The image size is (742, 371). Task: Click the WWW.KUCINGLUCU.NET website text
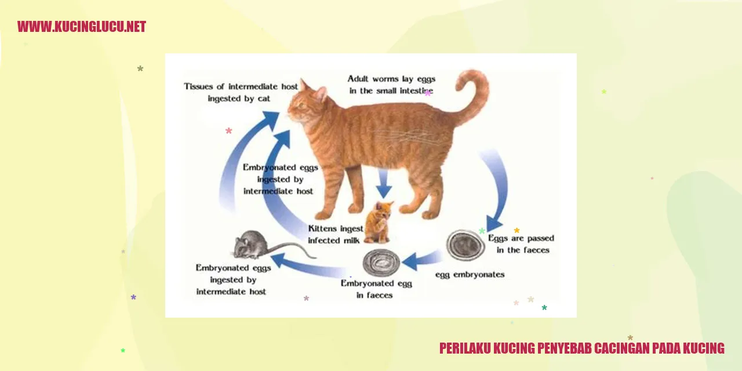coord(82,27)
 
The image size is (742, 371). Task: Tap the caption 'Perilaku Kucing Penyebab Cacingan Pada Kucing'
coord(581,348)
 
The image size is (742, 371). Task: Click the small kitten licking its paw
coord(379,222)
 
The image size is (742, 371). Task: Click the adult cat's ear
coord(321,93)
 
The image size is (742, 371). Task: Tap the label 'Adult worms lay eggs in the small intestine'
coord(391,85)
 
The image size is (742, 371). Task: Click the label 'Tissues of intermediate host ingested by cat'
coord(241,92)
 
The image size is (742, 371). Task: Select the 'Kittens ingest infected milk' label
coord(335,234)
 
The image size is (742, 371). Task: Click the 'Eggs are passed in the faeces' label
coord(521,244)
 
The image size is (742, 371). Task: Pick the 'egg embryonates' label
coord(470,275)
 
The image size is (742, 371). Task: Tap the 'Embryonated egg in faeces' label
coord(376,289)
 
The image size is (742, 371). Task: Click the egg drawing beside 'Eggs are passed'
coord(465,246)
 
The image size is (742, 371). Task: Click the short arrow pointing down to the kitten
coord(384,183)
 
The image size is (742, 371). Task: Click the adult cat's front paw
coord(321,215)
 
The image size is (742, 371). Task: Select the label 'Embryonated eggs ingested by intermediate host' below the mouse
coord(232,279)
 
